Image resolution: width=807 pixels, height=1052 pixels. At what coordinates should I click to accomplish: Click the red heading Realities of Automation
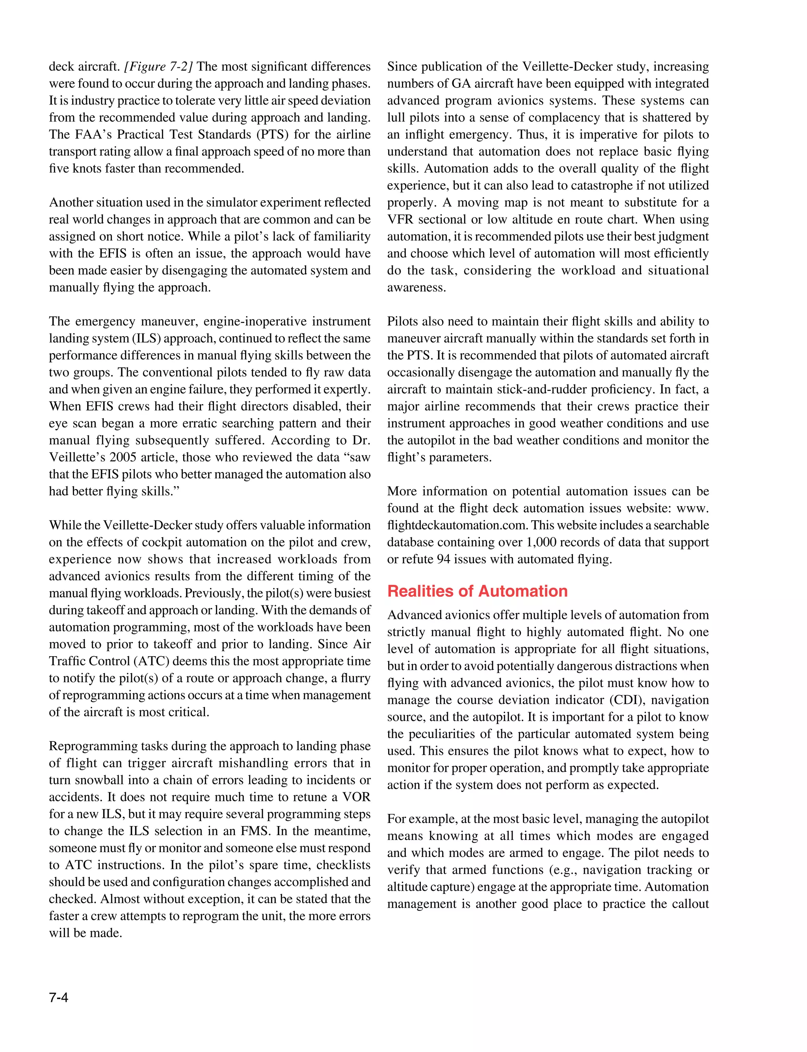pyautogui.click(x=477, y=591)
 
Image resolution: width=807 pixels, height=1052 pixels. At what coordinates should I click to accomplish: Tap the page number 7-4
pyautogui.click(x=59, y=998)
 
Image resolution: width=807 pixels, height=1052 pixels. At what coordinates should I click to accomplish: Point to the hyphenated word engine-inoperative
pyautogui.click(x=246, y=321)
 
